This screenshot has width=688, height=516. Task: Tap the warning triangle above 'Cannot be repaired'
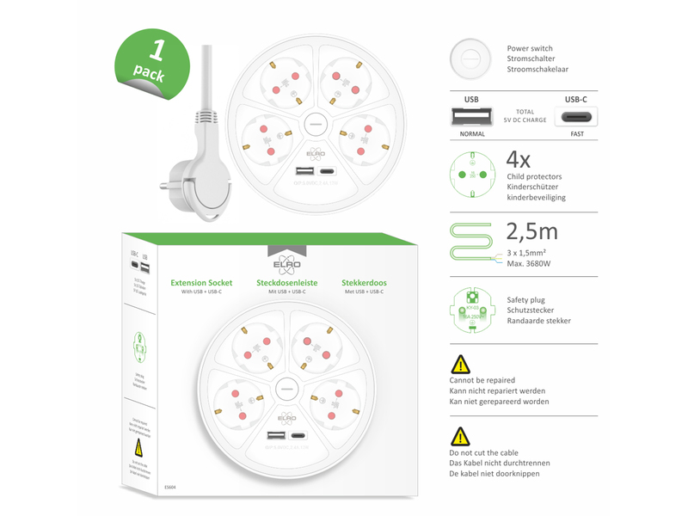(x=461, y=364)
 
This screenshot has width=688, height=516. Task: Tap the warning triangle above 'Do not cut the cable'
(x=461, y=436)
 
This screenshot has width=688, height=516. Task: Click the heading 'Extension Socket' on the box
(x=201, y=282)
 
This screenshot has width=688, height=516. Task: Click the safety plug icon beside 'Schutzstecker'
(x=472, y=310)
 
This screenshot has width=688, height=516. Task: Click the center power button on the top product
(x=313, y=125)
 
